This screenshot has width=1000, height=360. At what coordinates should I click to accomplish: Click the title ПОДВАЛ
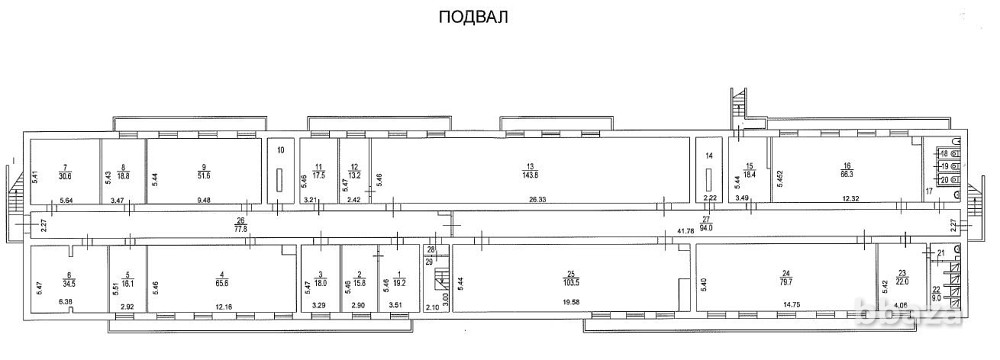point(467,17)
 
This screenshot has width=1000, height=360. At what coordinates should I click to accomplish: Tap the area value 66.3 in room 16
point(847,172)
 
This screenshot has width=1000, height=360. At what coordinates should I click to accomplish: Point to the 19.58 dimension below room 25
point(571,301)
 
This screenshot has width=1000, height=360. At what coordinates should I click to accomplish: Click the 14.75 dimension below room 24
point(789,301)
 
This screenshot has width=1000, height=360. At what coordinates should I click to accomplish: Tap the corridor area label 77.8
point(240,228)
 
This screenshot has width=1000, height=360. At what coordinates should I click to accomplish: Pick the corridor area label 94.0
point(705,228)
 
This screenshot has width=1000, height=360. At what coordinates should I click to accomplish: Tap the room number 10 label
point(281,150)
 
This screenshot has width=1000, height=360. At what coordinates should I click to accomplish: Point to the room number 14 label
point(708,155)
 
